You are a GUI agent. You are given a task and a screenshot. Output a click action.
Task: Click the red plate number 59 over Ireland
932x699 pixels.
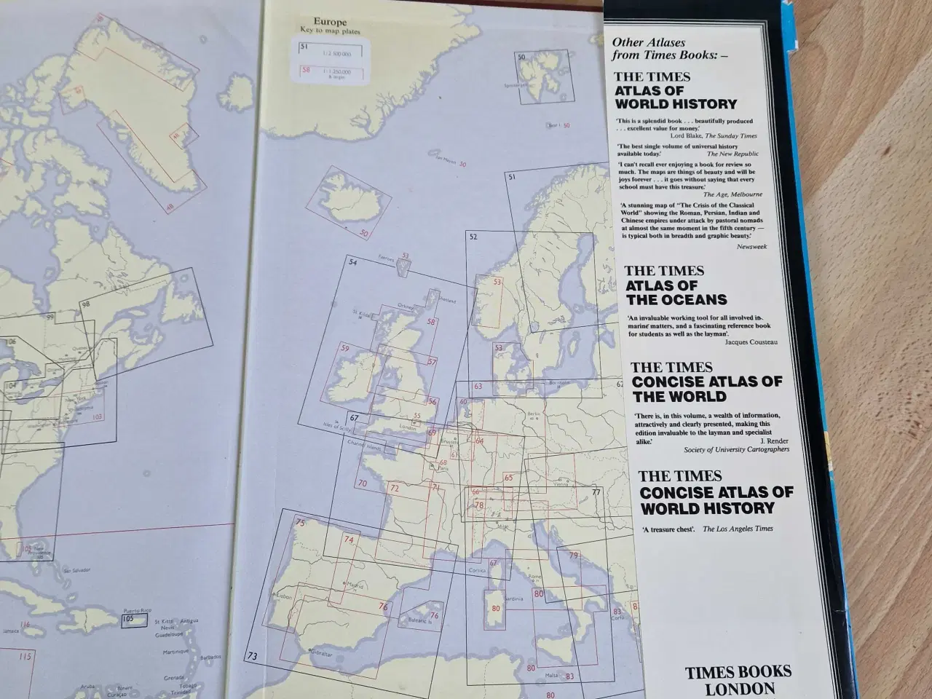click(344, 349)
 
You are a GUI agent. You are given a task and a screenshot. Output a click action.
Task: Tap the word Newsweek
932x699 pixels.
click(751, 247)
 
